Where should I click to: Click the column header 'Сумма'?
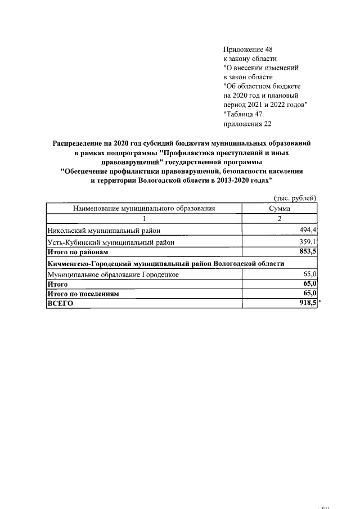click(280, 208)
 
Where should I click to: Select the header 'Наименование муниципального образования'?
click(144, 208)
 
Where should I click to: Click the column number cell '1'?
click(144, 218)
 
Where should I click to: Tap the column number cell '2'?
click(280, 218)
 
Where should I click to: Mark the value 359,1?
click(308, 242)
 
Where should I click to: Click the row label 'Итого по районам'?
click(77, 253)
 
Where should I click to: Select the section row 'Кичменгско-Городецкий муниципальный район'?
click(166, 263)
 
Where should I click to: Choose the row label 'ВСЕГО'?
click(61, 304)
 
